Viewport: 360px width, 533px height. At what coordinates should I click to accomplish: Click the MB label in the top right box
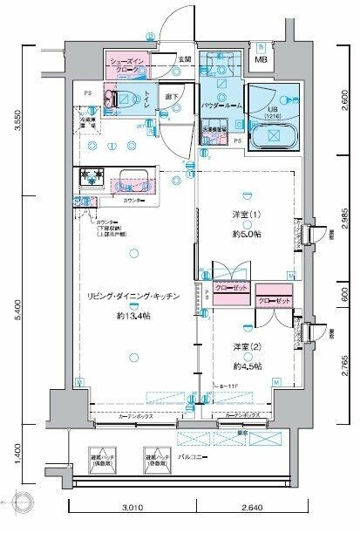262,58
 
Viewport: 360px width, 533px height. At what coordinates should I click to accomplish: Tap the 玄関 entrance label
184,58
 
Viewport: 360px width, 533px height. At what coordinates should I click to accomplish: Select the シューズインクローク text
131,64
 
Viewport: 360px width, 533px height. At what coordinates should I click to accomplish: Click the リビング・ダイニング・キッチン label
132,297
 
